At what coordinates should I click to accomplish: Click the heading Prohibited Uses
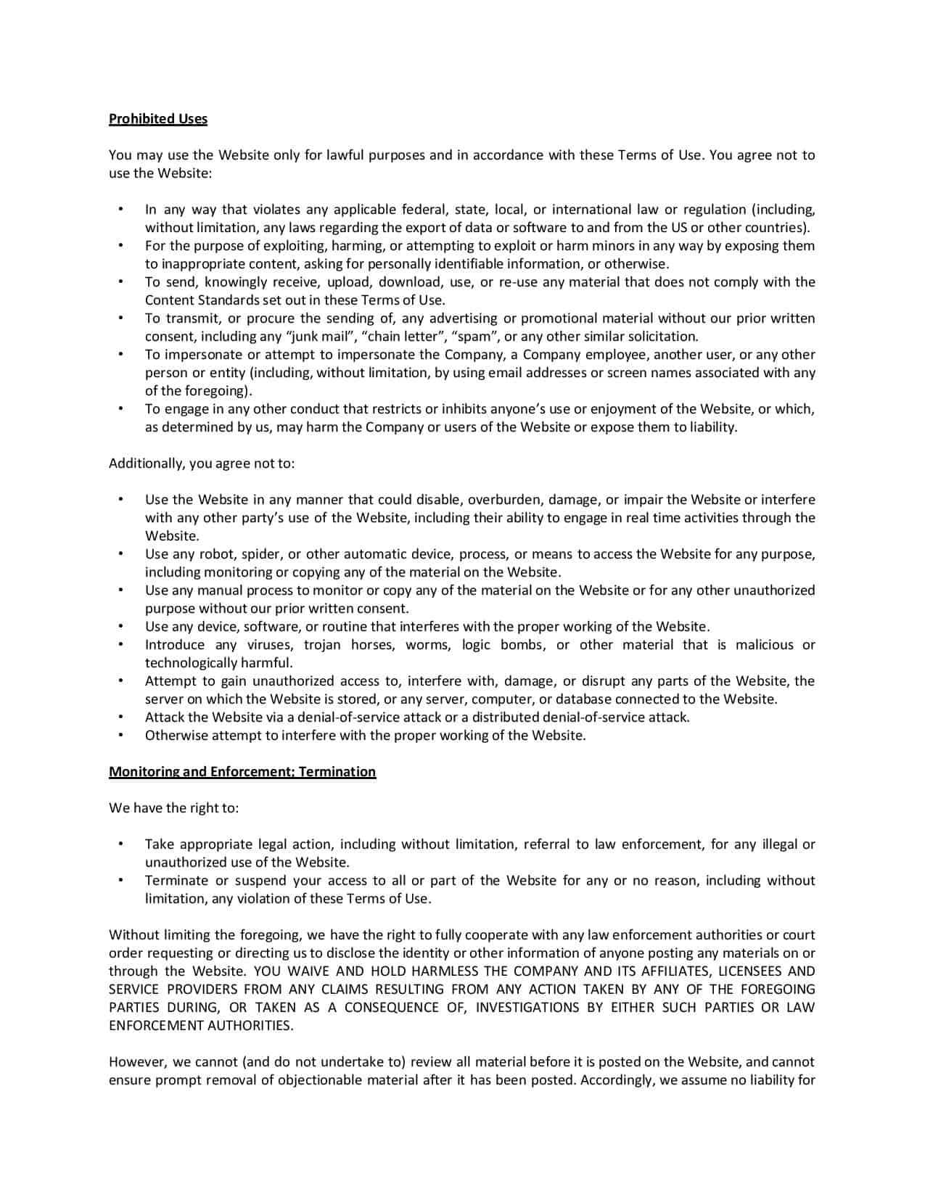(x=158, y=119)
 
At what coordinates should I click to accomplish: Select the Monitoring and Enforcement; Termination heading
(x=242, y=772)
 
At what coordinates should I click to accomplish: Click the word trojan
(x=322, y=645)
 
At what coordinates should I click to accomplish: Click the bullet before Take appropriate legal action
(x=120, y=844)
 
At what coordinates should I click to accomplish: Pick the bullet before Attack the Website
(x=120, y=717)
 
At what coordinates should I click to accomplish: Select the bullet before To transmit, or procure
(x=120, y=318)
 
